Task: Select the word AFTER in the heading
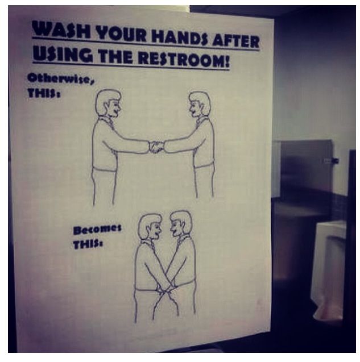point(235,42)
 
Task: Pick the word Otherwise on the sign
point(61,79)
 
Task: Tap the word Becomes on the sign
point(97,230)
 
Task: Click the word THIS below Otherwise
point(44,94)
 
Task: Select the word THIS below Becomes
point(88,244)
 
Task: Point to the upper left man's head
point(108,103)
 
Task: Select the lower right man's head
point(181,223)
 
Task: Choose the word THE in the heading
point(115,56)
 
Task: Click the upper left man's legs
point(104,187)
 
